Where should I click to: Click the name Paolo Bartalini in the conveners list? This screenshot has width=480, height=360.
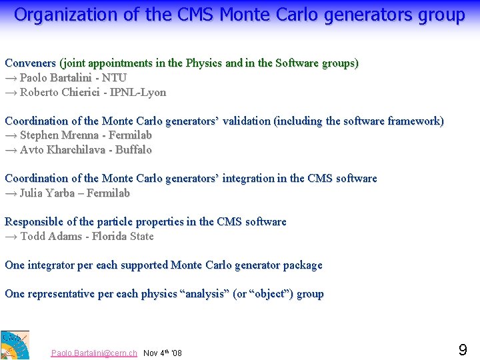click(59, 78)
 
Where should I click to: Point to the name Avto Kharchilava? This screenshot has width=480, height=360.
click(61, 150)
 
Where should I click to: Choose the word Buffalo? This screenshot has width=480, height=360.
click(133, 150)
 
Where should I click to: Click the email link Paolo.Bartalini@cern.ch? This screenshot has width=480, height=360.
click(94, 353)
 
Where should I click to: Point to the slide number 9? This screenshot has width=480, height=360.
click(463, 349)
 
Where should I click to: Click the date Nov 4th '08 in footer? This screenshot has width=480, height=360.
click(163, 353)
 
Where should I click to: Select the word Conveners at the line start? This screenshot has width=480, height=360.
click(31, 63)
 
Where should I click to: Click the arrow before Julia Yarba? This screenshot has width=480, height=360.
click(11, 193)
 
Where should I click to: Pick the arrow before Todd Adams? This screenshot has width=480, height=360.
click(11, 237)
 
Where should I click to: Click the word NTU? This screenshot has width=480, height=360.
click(115, 78)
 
